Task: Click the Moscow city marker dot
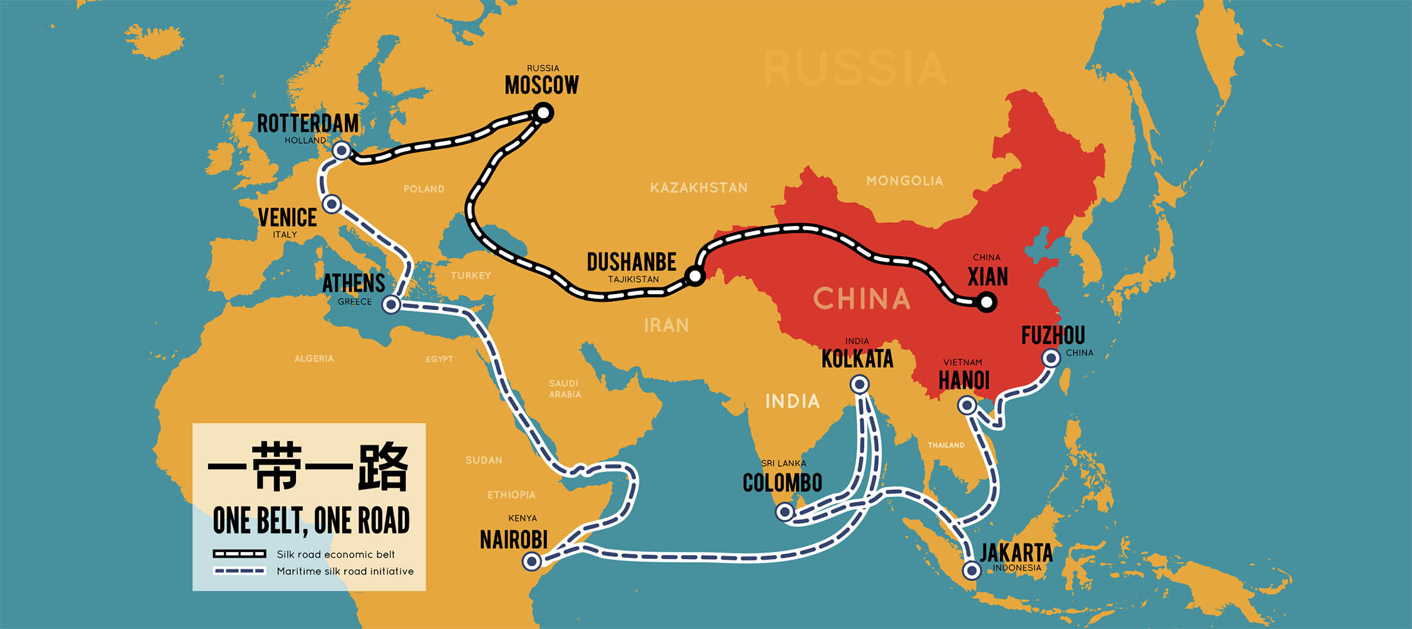[544, 114]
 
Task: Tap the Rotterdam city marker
[342, 151]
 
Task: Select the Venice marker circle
[332, 204]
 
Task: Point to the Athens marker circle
[392, 304]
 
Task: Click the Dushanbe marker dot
[695, 276]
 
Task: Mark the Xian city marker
[987, 302]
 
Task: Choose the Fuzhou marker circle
[1051, 358]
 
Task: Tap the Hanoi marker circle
[967, 405]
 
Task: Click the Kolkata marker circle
[859, 384]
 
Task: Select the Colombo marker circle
[784, 512]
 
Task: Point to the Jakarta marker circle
[972, 570]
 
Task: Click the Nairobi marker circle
[531, 562]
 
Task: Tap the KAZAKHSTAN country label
[698, 188]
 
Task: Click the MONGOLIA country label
[904, 181]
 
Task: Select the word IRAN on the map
[666, 325]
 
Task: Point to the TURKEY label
[470, 275]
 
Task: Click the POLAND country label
[424, 189]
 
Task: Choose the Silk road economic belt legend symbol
[239, 554]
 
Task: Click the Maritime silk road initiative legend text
[345, 571]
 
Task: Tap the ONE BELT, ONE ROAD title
[311, 521]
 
